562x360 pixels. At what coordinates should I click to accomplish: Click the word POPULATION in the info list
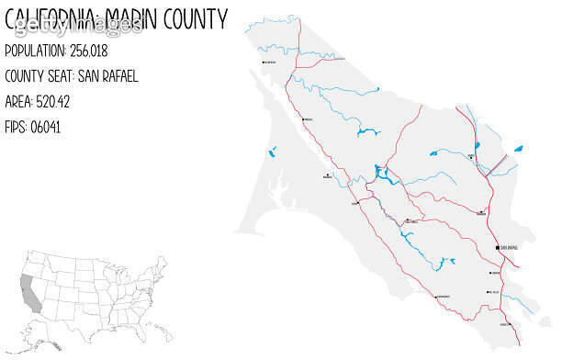(x=35, y=51)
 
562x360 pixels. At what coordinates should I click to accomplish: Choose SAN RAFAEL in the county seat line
(x=107, y=76)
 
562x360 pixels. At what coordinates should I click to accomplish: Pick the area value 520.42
(x=56, y=102)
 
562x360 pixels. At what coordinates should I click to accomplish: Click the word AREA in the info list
(x=18, y=102)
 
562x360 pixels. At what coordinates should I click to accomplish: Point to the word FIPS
(x=16, y=128)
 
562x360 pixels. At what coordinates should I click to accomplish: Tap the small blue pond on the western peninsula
(x=273, y=152)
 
